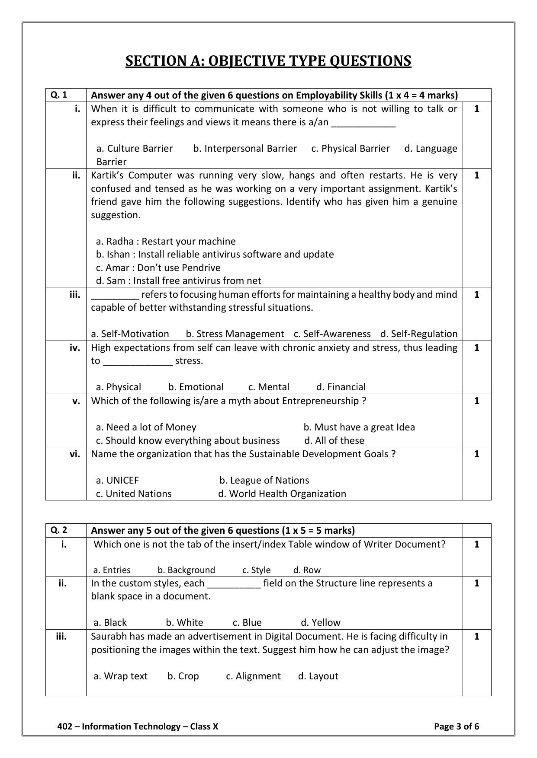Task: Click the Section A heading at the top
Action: tap(268, 61)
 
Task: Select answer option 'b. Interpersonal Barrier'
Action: tap(245, 149)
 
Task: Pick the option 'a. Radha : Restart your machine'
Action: tap(166, 241)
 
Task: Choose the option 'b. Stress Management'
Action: tap(235, 334)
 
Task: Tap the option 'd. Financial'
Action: tap(341, 387)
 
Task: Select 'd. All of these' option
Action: tap(334, 440)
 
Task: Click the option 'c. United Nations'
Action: tap(134, 494)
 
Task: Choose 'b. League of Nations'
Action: tap(264, 480)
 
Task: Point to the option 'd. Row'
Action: tap(307, 570)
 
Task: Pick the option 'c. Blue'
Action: tap(247, 622)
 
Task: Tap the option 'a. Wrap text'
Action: tap(120, 676)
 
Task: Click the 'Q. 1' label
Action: tap(59, 95)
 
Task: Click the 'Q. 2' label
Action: tap(59, 530)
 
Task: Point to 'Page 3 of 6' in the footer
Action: tap(456, 726)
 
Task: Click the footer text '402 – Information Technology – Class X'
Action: tap(138, 726)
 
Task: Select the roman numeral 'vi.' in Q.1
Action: tap(75, 454)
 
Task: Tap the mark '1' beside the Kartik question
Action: tap(476, 175)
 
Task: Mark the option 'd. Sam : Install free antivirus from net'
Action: tap(178, 281)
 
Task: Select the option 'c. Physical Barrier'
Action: tap(350, 149)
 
